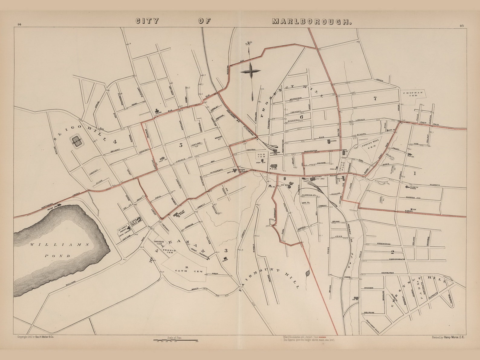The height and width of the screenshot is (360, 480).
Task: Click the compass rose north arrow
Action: (251, 71)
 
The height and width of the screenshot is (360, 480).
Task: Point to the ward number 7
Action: (375, 98)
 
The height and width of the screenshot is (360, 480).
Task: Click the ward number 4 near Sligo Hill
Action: (115, 141)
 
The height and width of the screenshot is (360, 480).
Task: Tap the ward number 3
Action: (225, 251)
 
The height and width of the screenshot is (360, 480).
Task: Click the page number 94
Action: (20, 25)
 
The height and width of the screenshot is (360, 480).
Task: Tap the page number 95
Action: (462, 26)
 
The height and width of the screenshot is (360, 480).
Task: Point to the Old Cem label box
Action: (261, 156)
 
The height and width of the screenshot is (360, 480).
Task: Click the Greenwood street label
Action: (384, 244)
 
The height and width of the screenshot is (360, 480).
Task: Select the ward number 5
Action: (181, 145)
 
